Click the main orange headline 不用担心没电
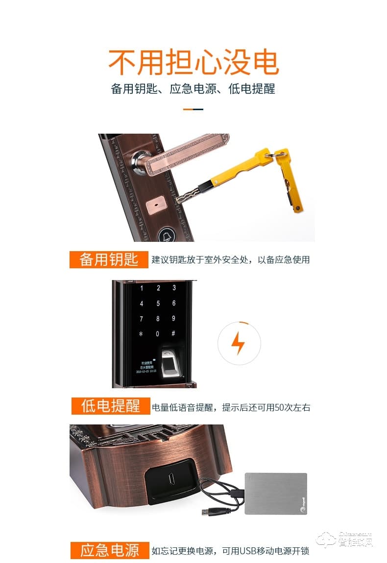[x=193, y=63]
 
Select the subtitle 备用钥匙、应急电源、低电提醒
[x=193, y=89]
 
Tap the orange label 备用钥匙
[x=109, y=259]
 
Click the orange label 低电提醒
[x=111, y=406]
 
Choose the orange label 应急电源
[x=110, y=550]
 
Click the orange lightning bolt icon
[x=239, y=343]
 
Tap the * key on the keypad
[x=142, y=334]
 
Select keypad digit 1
[x=142, y=288]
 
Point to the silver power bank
[x=275, y=493]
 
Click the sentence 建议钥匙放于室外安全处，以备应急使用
[x=231, y=260]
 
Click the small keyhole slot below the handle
[x=156, y=201]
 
